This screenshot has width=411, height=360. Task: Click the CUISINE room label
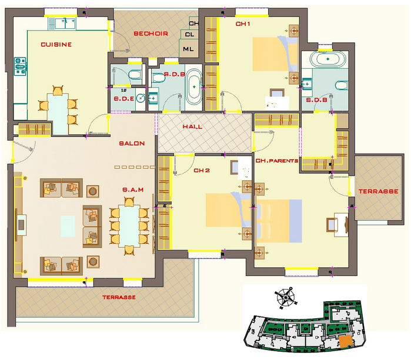(56, 45)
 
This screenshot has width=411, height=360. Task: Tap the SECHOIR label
(151, 33)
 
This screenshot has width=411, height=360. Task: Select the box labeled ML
(188, 49)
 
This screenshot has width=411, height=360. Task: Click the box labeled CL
(189, 34)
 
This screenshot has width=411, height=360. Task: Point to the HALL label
(192, 127)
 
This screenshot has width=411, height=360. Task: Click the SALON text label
(132, 143)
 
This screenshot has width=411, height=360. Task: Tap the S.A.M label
(133, 190)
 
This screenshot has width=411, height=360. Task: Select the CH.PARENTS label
(276, 161)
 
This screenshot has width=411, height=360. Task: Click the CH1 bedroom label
(243, 24)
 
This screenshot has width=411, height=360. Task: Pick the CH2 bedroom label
(202, 170)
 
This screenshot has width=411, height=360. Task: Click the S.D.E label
(123, 99)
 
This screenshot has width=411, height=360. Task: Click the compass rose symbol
(285, 298)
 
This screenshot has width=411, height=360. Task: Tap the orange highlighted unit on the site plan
(346, 341)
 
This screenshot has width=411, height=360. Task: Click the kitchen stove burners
(20, 66)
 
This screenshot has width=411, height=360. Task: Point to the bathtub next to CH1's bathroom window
(328, 59)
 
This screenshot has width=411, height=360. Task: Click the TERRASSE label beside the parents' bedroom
(378, 191)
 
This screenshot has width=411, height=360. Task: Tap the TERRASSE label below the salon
(119, 297)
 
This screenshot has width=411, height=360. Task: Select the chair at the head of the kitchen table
(58, 90)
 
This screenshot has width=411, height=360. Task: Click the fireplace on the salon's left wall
(21, 225)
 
